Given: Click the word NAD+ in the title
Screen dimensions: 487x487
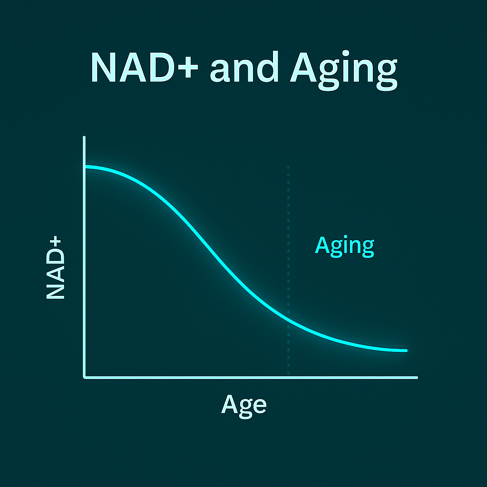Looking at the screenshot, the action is point(145,67).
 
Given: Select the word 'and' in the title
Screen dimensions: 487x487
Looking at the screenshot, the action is point(244,66).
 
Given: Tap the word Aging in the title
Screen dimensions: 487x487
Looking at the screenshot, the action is point(344,70).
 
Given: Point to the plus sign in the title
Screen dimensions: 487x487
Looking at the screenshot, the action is point(188,67).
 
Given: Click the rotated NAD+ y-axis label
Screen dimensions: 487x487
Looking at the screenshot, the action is point(55,267).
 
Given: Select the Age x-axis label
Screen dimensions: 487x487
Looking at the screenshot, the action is point(244,406).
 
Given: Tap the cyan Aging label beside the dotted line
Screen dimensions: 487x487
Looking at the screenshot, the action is point(344,246).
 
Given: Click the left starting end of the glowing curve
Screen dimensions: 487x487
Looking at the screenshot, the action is point(86,167).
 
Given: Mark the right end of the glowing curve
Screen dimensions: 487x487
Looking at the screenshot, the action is point(406,351).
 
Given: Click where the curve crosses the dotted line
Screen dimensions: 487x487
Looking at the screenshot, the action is point(289,322).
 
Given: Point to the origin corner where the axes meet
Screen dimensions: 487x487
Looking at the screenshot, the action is point(85,377).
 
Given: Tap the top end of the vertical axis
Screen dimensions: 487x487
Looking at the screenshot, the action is point(84,137).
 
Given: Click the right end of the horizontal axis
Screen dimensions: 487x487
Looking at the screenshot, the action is point(417,378).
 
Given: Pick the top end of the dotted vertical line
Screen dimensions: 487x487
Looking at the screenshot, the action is point(289,167).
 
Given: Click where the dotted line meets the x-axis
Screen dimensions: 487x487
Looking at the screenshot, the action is point(289,376).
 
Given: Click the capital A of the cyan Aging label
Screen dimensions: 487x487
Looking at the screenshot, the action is point(322,245).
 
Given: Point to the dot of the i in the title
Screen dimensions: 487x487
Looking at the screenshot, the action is point(346,53).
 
